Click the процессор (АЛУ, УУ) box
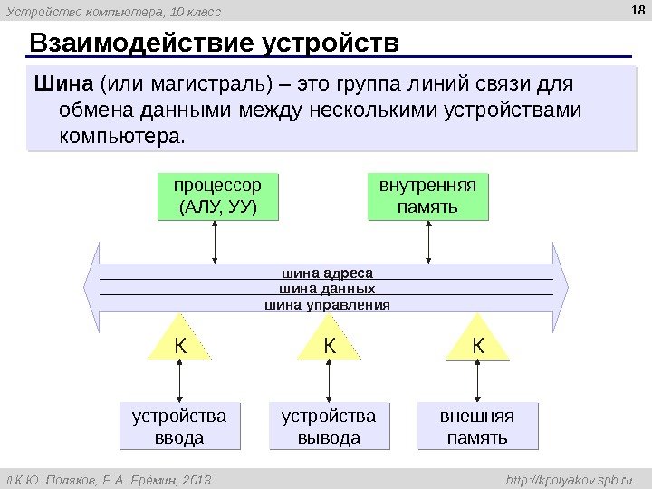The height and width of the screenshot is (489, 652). point(217,197)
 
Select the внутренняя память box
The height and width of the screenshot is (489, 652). point(427,197)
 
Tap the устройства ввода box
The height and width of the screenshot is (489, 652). point(180,427)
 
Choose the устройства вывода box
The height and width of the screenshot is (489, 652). point(329,427)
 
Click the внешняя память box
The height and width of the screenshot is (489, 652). point(476,427)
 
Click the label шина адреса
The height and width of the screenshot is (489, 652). point(327,272)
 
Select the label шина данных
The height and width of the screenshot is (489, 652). point(327,288)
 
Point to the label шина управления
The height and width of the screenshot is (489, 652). point(327,305)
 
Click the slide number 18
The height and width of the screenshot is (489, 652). point(635,10)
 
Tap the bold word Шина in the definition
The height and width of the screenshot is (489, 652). point(63,85)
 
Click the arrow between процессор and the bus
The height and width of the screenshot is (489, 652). point(215,243)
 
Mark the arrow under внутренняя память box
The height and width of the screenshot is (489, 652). point(427,243)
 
